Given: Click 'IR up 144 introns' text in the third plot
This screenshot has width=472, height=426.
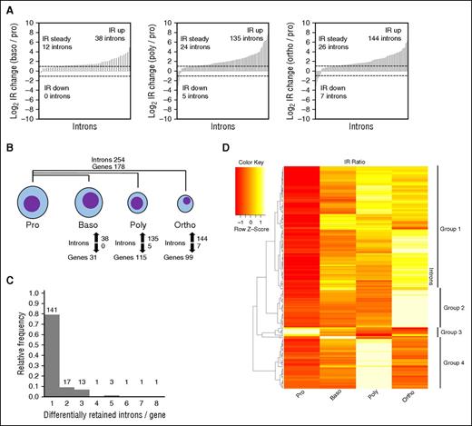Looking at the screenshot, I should pyautogui.click(x=436, y=25).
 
